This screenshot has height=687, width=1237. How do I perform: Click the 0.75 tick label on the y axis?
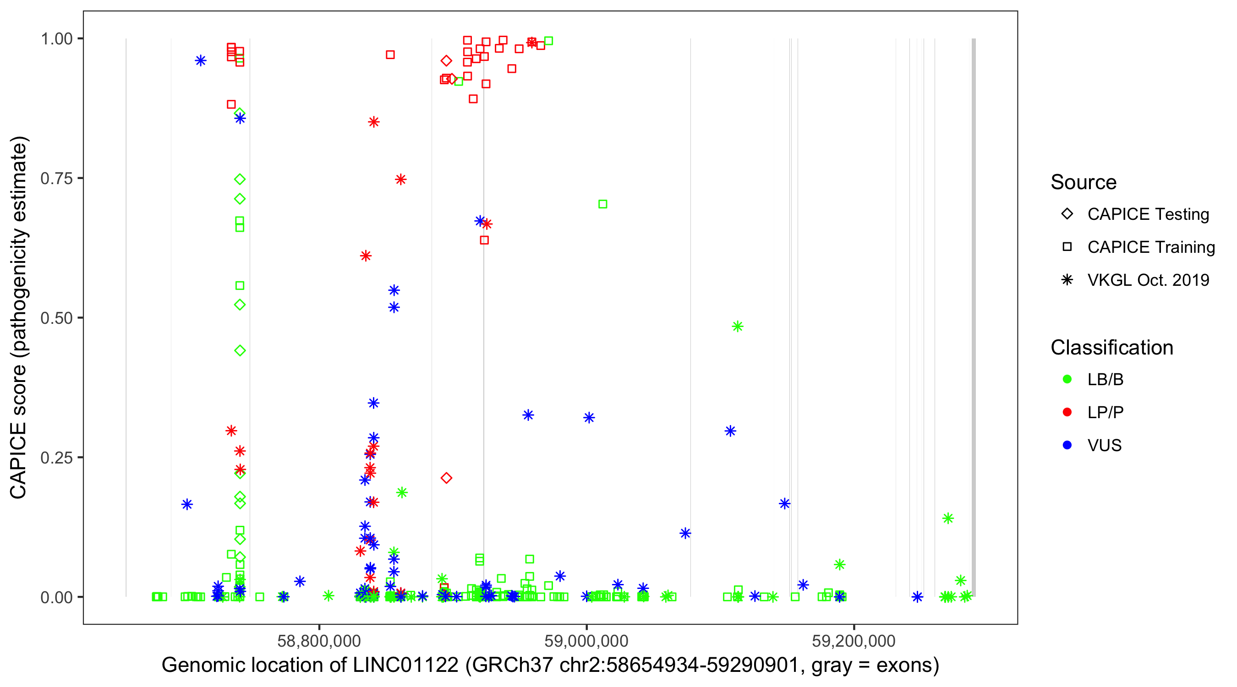coord(56,179)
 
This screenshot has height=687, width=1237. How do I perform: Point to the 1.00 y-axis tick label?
coord(56,39)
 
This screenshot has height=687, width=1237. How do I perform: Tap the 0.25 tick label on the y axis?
coord(56,458)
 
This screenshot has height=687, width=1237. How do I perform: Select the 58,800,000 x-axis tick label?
coord(319,641)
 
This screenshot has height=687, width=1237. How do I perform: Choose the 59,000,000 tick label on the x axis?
coord(586,641)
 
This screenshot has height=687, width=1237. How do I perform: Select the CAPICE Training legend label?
coord(1151,247)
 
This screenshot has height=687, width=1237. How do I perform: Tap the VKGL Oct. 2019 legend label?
coord(1148,280)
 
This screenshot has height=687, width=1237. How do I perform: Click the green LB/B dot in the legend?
coord(1067,380)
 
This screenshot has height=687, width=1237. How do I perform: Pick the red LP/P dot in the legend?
coord(1067,412)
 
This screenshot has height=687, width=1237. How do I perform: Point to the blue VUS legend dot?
coord(1067,446)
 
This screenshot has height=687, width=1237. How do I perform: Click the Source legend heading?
coord(1084,182)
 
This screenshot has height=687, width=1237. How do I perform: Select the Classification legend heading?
coord(1111,348)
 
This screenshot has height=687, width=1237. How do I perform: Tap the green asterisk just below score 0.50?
coord(738,327)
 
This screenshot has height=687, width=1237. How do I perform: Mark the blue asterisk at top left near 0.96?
coord(201,61)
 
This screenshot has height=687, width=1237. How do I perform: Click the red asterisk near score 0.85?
coord(373,122)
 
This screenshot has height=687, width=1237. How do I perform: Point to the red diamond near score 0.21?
coord(446,478)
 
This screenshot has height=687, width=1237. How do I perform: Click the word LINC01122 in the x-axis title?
coord(406,665)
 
